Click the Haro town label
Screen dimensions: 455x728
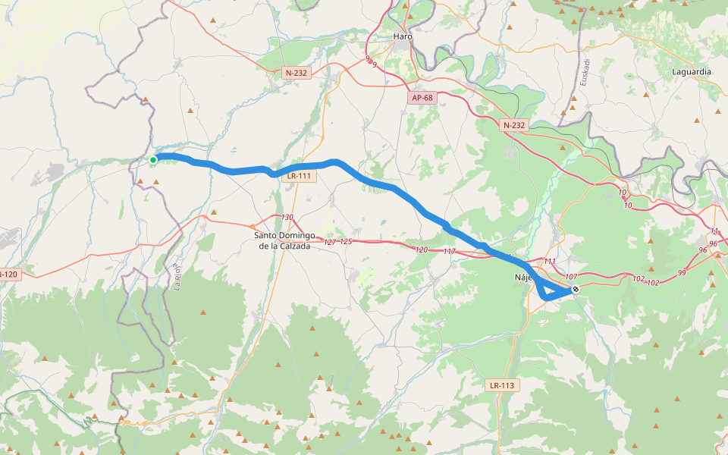click(x=403, y=36)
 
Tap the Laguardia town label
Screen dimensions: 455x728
click(x=692, y=71)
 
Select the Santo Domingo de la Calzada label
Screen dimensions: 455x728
click(x=284, y=240)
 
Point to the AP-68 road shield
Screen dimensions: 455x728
click(x=422, y=98)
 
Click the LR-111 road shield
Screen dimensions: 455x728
click(x=299, y=176)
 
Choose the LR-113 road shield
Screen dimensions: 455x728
click(x=502, y=385)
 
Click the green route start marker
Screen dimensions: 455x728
click(x=153, y=159)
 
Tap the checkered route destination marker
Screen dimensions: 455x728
click(x=576, y=289)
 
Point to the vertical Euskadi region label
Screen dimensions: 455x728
click(x=585, y=71)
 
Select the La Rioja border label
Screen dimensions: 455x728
click(x=178, y=278)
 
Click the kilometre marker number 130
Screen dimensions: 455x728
click(x=287, y=218)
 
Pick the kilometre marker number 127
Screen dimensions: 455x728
click(x=330, y=242)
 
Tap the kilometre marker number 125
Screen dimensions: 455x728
click(x=346, y=242)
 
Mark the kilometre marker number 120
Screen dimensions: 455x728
click(x=422, y=249)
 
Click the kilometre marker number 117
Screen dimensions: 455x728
click(x=449, y=251)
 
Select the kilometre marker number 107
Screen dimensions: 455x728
click(x=571, y=277)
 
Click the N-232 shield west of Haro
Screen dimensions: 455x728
click(x=296, y=73)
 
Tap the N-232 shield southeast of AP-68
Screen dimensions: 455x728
click(x=513, y=124)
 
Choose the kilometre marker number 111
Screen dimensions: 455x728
click(x=550, y=262)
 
